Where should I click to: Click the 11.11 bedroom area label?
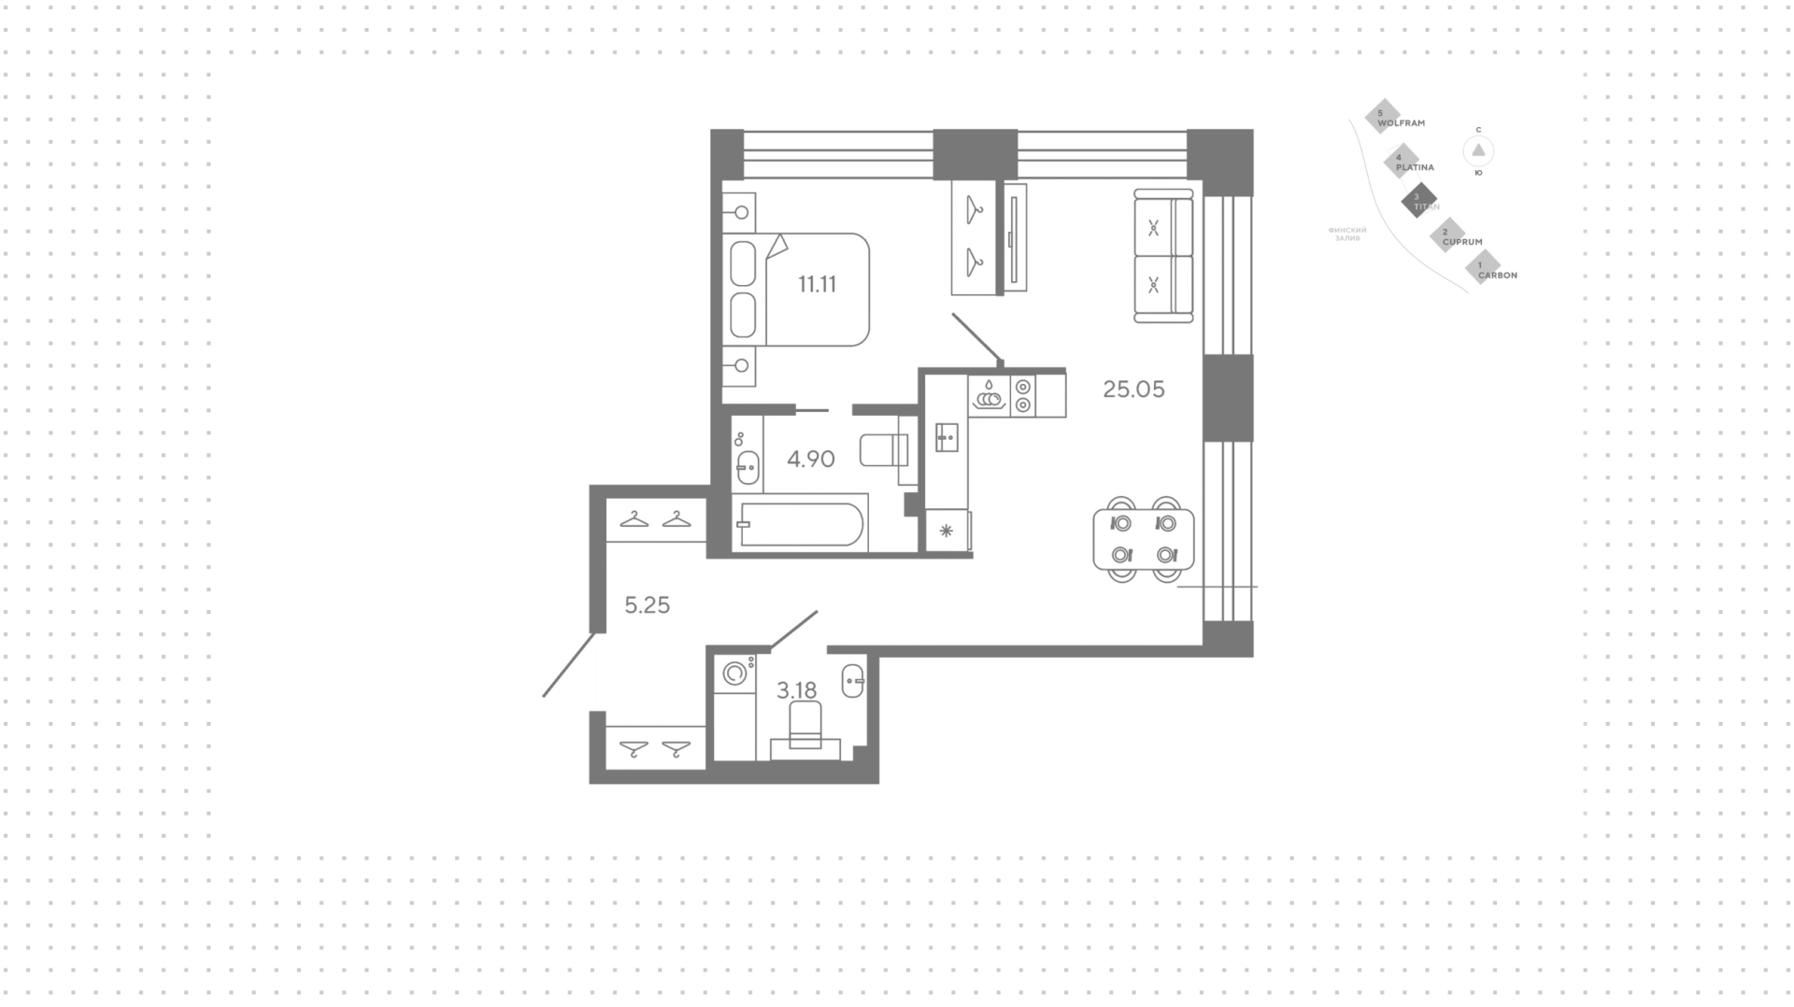(x=817, y=285)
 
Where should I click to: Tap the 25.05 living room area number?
(x=1133, y=390)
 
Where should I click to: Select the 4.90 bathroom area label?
(x=810, y=459)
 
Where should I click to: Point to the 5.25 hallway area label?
(x=647, y=605)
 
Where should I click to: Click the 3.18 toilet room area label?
(x=796, y=690)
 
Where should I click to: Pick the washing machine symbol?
(x=735, y=672)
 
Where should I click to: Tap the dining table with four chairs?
(x=1144, y=539)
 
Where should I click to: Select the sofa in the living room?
(x=1163, y=255)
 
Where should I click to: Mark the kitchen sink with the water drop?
(x=989, y=394)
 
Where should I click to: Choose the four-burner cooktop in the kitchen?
(x=1023, y=394)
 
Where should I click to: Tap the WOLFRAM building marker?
(x=1384, y=116)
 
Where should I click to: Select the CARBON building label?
(x=1497, y=276)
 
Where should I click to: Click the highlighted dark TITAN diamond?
(x=1418, y=199)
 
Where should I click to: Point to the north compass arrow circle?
(x=1478, y=150)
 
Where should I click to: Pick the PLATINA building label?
(x=1415, y=167)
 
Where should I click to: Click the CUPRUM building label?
(x=1462, y=242)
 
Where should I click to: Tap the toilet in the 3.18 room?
(x=805, y=726)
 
